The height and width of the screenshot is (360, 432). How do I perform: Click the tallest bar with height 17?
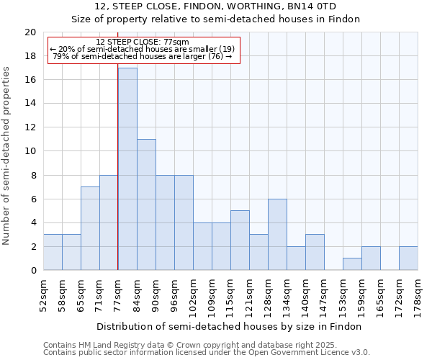click(127, 168)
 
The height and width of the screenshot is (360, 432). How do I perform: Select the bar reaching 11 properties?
click(146, 204)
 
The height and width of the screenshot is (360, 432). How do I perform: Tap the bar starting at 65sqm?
click(90, 228)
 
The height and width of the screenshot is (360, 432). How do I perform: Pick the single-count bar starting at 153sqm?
click(352, 264)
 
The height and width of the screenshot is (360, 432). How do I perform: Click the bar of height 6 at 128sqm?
click(277, 234)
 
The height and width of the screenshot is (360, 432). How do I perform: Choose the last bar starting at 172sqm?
click(408, 258)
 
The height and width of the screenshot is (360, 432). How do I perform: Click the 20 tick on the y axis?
click(30, 32)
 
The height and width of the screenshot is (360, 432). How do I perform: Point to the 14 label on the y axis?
click(30, 104)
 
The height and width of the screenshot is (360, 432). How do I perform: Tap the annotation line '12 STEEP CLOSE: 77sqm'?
click(142, 42)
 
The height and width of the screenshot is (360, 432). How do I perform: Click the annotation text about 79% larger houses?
click(143, 56)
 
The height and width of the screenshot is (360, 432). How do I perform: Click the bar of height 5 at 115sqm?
click(240, 240)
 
